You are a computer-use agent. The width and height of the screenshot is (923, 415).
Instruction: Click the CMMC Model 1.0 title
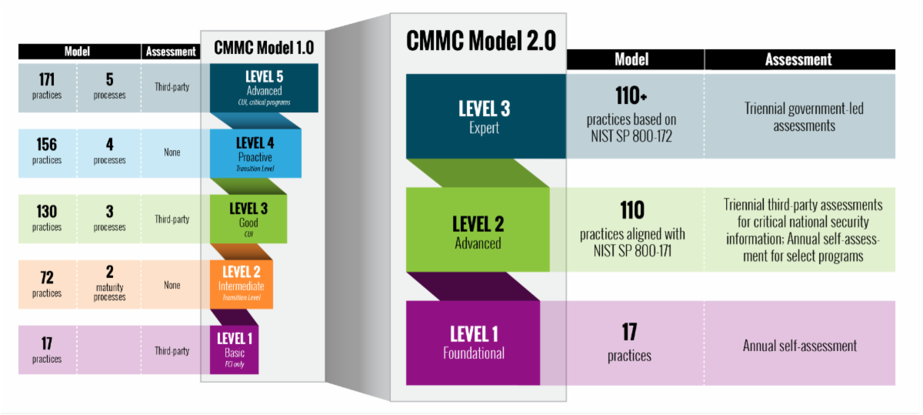(264, 48)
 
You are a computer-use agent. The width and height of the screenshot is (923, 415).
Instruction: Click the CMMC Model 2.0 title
(481, 41)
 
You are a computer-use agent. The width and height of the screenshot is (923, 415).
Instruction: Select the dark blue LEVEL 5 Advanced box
(264, 88)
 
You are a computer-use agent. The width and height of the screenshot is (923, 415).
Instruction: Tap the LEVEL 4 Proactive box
(255, 153)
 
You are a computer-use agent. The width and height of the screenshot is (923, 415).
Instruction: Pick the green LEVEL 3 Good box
(248, 219)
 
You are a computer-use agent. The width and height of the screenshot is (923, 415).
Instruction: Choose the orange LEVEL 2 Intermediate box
(242, 284)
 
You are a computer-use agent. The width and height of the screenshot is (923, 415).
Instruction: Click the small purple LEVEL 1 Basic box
(234, 350)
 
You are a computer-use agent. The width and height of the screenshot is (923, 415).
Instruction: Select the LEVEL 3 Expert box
(486, 116)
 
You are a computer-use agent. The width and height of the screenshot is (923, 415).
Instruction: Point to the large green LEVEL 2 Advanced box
(478, 229)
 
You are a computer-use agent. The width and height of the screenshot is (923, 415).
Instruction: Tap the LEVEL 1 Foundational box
(473, 343)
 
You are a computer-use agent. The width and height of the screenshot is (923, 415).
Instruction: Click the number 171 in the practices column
(47, 79)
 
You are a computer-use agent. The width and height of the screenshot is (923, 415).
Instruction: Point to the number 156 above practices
(47, 145)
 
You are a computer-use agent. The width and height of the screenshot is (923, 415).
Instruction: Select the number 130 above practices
(47, 211)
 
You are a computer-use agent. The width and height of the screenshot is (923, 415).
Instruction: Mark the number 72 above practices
(47, 277)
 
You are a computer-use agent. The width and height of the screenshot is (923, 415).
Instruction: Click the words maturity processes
(109, 292)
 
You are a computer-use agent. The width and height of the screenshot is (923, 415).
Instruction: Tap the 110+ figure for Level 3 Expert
(631, 95)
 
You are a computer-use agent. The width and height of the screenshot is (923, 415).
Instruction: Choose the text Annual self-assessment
(799, 346)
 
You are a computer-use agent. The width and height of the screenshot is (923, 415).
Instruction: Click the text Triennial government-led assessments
(804, 117)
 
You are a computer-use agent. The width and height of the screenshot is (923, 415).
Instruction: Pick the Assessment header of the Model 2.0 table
(798, 60)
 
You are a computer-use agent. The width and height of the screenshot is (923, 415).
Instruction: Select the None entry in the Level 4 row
(172, 152)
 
